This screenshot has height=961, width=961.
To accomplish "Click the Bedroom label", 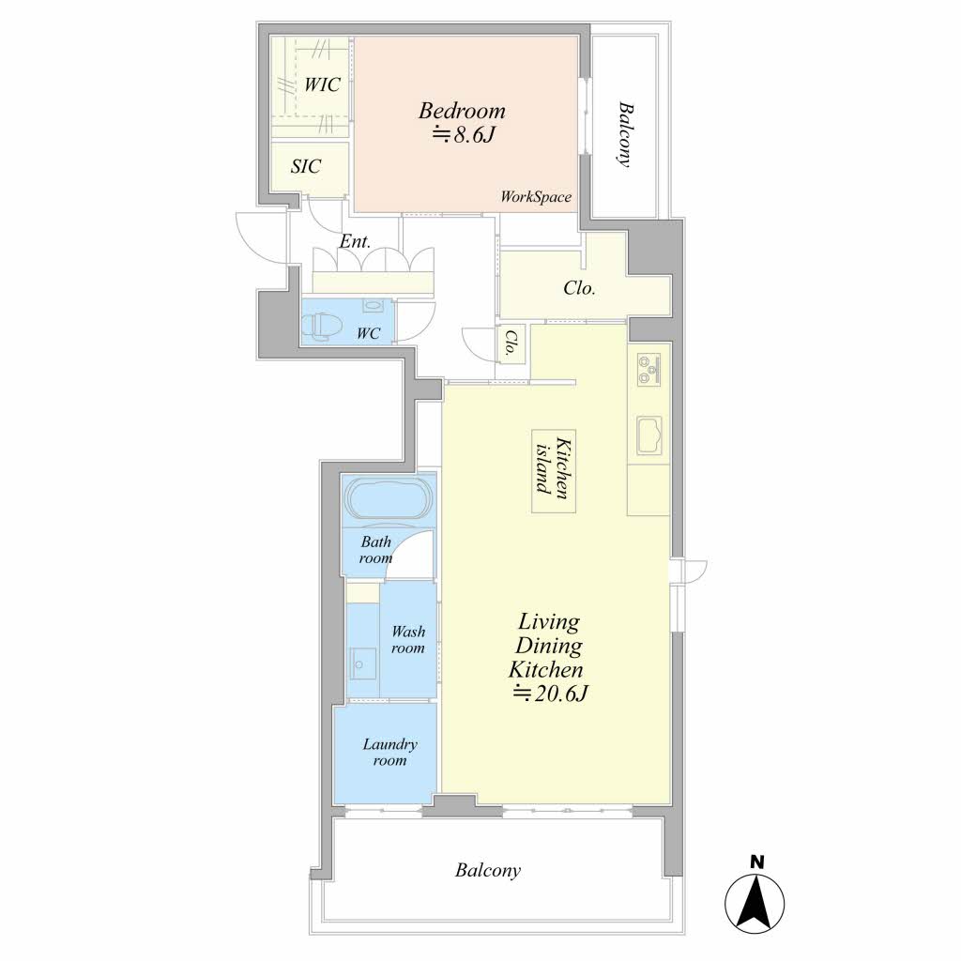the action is [462, 111].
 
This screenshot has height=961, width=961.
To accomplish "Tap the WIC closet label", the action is [323, 84].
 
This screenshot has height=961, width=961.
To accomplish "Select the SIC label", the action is [306, 166].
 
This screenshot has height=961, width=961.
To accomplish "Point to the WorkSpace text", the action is [536, 197].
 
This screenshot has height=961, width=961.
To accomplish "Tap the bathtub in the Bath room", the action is [388, 498].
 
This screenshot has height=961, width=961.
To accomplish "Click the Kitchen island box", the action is [554, 471].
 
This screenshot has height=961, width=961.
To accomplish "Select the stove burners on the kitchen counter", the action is [648, 370].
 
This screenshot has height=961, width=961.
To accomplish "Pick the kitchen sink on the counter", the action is [649, 435].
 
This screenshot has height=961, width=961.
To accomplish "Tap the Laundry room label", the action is [389, 752].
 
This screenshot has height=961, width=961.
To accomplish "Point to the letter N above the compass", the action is [757, 862].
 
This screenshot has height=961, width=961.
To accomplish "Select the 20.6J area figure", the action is [551, 694].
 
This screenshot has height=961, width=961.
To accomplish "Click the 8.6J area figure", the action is [463, 134].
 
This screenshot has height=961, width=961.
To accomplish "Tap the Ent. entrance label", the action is [356, 241].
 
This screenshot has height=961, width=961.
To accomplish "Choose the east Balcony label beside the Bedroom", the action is [624, 134].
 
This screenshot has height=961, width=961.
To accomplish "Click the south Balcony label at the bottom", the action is [488, 870].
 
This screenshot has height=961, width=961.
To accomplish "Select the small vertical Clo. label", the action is [510, 343].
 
